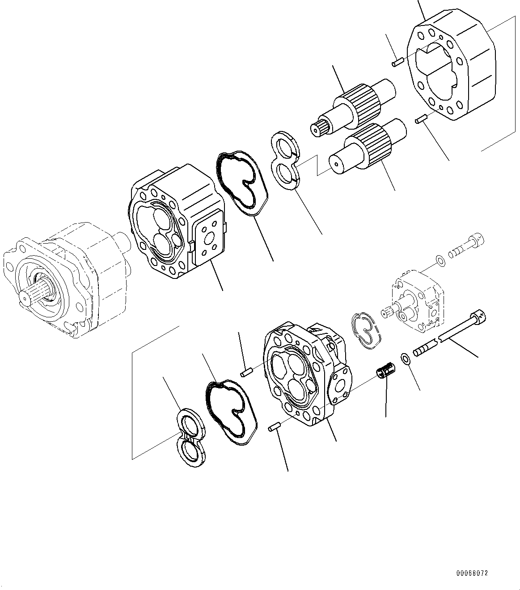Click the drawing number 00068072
click(472, 573)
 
